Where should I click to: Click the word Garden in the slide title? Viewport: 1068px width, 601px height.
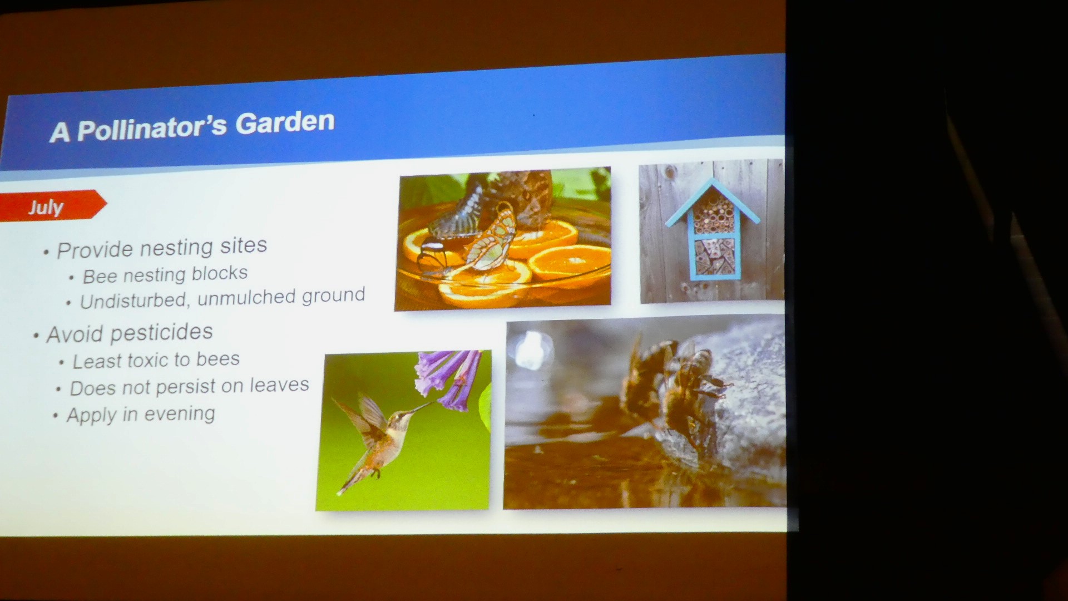[285, 123]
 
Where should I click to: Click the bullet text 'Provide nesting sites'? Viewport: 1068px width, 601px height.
[162, 248]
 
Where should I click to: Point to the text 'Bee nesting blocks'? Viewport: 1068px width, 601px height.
[165, 274]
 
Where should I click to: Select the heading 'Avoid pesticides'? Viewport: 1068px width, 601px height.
[130, 333]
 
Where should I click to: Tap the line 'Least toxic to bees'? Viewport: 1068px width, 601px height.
[156, 361]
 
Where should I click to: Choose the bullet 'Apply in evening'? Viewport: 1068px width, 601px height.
[141, 415]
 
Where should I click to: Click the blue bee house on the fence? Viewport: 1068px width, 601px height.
[713, 230]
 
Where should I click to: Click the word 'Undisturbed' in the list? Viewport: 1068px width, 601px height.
[133, 300]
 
